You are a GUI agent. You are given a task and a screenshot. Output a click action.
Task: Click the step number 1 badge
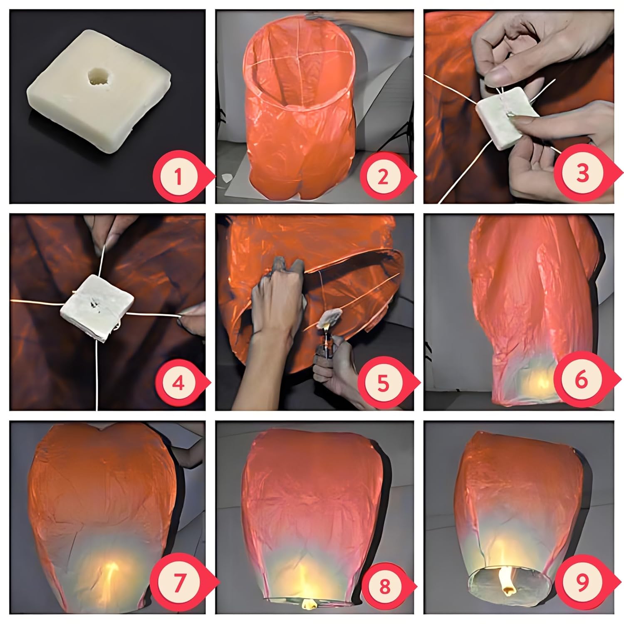[178, 177]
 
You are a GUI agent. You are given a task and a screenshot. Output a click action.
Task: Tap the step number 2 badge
[383, 177]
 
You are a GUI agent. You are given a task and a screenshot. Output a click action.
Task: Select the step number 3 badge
[582, 173]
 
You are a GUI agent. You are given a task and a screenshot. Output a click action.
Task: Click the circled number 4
[178, 383]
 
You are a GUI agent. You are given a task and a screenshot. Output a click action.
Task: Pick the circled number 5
[383, 383]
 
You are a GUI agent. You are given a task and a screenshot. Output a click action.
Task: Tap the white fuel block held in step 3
[505, 119]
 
